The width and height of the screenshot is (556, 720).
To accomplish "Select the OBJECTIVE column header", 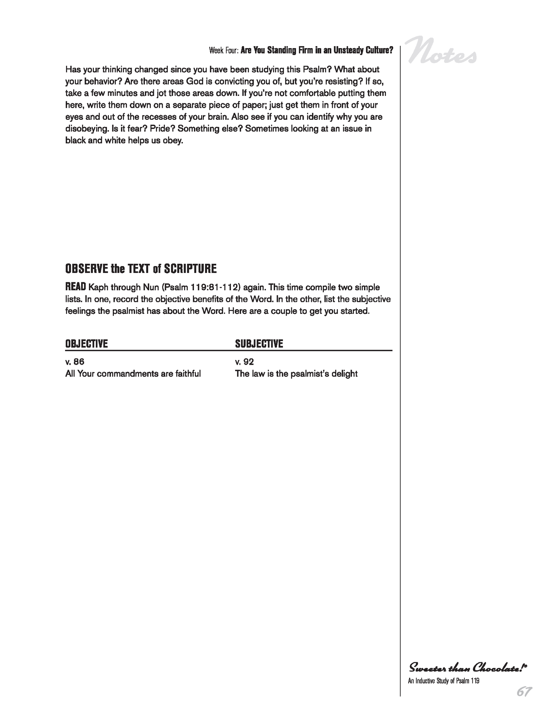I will point(87,344).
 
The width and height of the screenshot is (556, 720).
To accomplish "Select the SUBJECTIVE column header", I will point(259,344).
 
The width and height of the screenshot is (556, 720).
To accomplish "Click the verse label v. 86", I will point(75,362).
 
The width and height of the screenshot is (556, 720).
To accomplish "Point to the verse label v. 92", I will point(244,362).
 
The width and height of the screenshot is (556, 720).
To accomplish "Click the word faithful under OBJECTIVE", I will point(187,374).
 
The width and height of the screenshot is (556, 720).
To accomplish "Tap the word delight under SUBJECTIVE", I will point(344,374).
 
